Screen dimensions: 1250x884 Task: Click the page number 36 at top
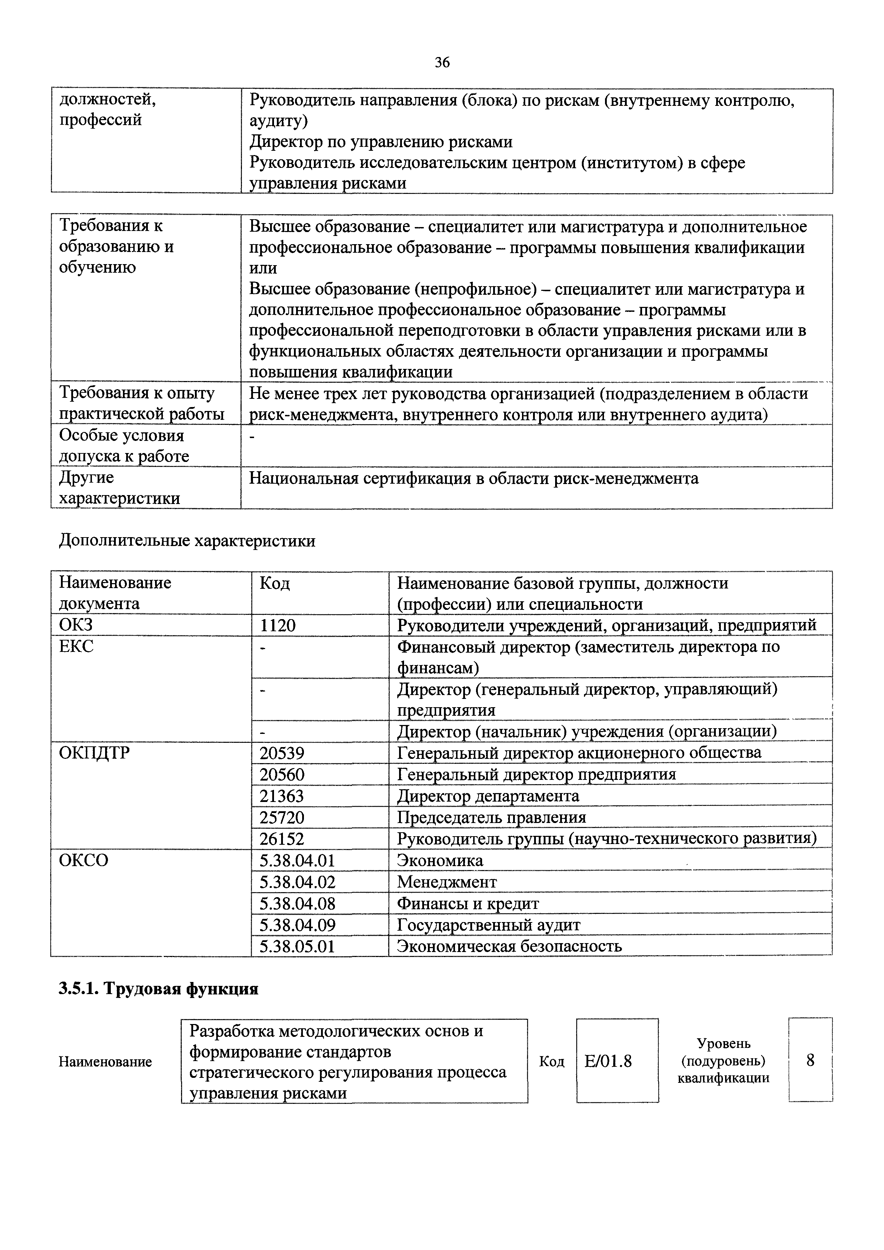442,63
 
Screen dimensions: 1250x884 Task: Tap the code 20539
282,753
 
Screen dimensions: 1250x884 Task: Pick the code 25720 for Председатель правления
282,817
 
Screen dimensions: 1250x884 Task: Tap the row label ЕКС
76,647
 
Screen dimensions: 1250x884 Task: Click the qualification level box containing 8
810,1060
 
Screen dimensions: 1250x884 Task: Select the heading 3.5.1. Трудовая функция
158,989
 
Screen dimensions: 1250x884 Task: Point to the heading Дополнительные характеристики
187,541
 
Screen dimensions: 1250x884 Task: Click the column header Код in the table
274,583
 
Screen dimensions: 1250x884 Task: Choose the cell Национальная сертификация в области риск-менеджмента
474,479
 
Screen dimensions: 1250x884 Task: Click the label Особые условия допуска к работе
124,445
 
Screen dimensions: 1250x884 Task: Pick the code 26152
282,838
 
